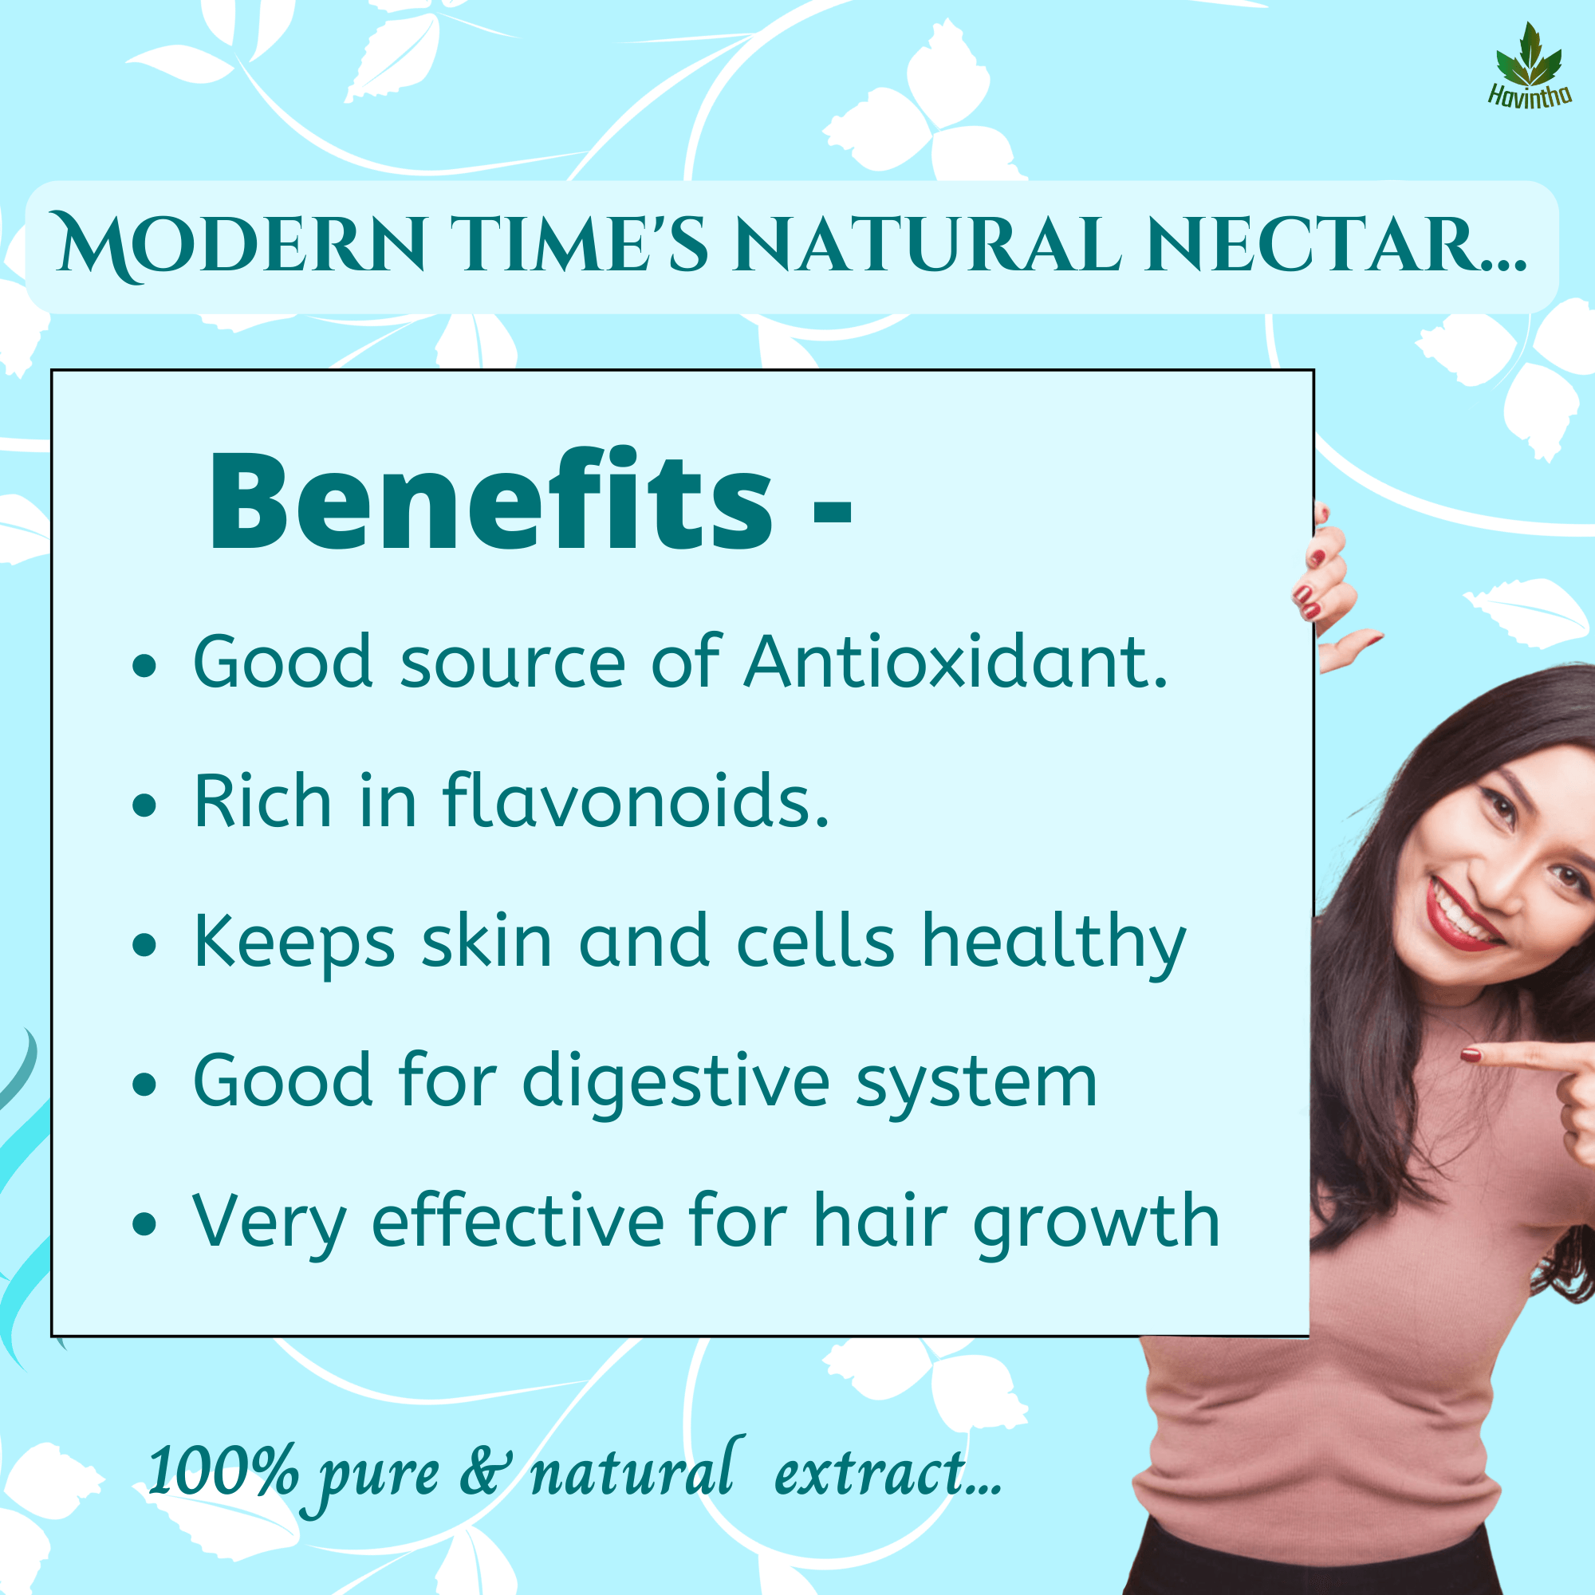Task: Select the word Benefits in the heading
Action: [491, 500]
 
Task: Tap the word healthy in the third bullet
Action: [1053, 944]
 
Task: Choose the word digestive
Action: [675, 1084]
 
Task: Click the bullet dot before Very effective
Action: [144, 1225]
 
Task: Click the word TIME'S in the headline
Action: [581, 244]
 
